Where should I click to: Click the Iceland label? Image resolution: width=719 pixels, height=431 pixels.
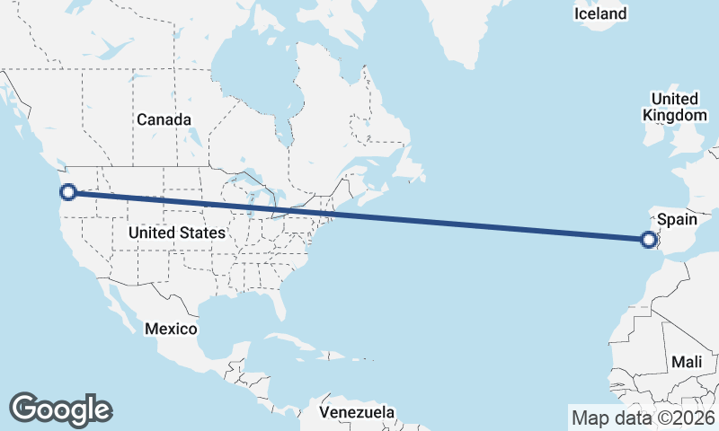click(x=600, y=14)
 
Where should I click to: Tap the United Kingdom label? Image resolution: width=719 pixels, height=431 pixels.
click(x=674, y=107)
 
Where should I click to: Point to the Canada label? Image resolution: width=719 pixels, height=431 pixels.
click(x=164, y=119)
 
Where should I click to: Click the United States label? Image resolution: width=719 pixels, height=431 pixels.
click(x=176, y=233)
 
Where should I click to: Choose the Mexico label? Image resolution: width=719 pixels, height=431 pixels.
click(x=171, y=329)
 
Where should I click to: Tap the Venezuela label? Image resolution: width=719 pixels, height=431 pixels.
click(x=358, y=412)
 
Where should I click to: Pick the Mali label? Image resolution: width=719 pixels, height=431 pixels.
click(x=686, y=361)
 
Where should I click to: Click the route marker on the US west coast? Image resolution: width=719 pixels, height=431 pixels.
click(x=67, y=191)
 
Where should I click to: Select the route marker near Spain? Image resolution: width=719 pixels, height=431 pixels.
click(x=648, y=239)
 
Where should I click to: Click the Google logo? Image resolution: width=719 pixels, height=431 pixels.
click(x=60, y=409)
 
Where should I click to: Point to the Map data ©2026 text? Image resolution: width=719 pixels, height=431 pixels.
click(x=643, y=418)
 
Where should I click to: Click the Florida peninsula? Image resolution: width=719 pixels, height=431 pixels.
click(x=280, y=305)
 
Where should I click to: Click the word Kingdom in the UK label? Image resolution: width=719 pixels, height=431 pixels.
click(x=674, y=116)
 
